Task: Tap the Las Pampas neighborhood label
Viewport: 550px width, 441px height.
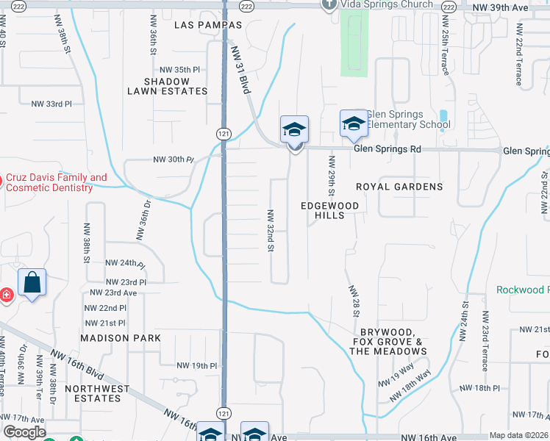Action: [x=209, y=25]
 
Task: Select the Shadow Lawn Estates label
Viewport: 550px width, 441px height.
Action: [x=167, y=86]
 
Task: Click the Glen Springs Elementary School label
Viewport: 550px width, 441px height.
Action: [x=408, y=119]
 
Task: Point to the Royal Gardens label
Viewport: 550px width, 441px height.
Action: [x=399, y=187]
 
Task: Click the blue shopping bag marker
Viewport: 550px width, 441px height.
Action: [x=32, y=282]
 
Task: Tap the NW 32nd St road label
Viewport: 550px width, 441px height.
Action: [x=271, y=230]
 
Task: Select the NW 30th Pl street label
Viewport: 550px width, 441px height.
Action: [x=172, y=159]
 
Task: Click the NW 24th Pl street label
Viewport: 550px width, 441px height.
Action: [x=126, y=262]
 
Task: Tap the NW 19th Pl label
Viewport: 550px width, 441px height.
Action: [x=197, y=365]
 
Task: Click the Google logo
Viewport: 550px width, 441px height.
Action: [x=24, y=433]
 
